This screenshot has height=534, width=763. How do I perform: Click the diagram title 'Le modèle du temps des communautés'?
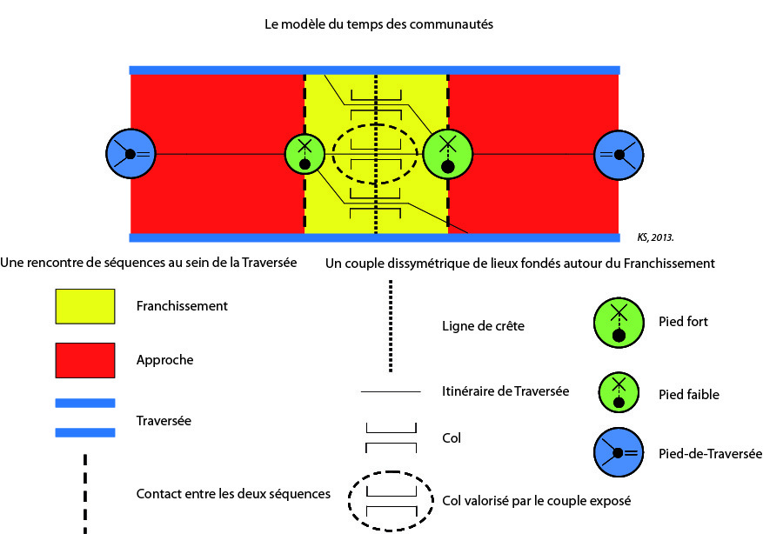378,25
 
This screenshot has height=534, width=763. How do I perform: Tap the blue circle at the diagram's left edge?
130,154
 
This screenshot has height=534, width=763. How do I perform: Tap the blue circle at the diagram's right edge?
619,154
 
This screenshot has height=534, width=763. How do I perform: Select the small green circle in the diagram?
305,154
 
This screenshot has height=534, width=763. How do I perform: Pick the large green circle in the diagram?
447,154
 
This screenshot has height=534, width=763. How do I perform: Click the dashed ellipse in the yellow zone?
376,154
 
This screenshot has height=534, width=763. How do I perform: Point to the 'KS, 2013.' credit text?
657,236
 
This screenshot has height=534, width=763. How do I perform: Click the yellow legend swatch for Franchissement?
85,305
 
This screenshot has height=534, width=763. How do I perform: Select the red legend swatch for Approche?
85,359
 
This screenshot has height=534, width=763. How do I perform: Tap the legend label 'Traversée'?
164,420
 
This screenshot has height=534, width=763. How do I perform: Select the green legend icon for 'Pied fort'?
619,322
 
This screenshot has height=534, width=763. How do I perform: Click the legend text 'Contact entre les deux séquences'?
233,494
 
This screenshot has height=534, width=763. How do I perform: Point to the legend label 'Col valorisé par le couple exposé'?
535,500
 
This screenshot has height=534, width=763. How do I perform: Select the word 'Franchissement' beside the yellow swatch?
182,305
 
